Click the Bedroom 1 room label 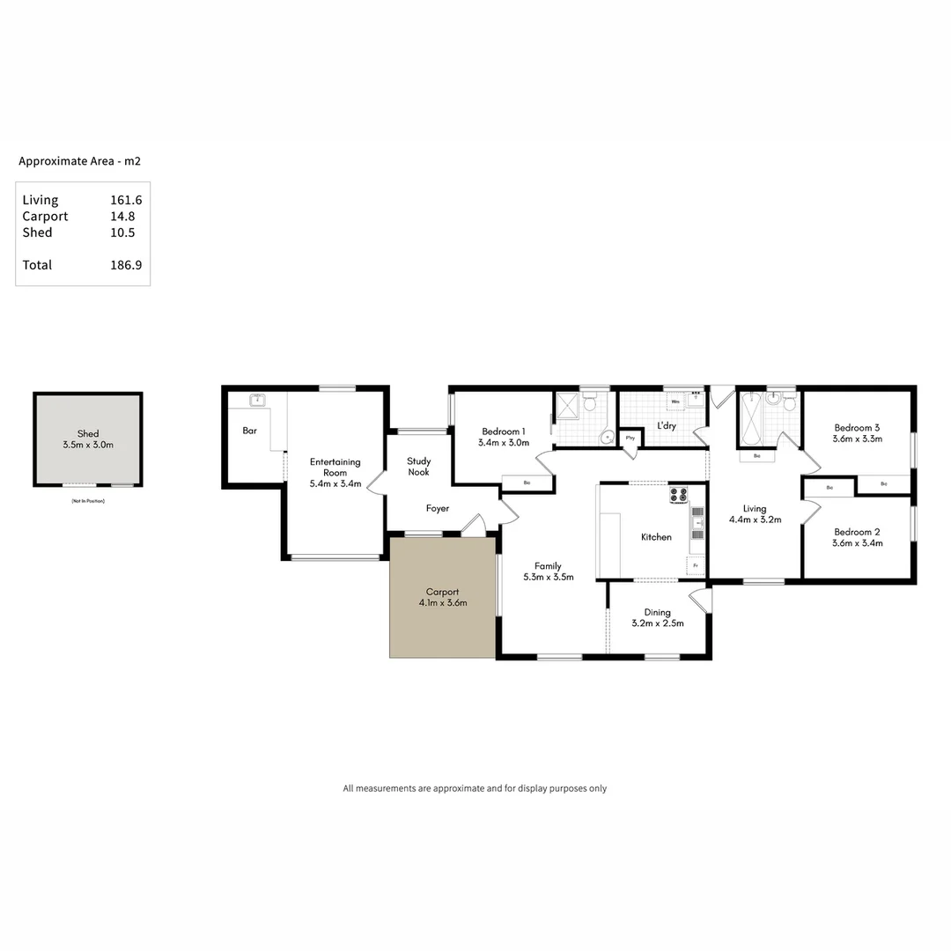503,431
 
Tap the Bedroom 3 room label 857,428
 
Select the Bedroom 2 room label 857,532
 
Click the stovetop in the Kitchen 678,495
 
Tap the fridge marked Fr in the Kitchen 695,564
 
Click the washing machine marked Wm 675,402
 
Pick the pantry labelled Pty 630,438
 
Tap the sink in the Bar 257,401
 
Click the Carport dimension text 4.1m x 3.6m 442,603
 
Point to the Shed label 88,433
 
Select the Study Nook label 418,466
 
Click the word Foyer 438,508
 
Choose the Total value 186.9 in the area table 126,265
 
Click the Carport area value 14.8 126,217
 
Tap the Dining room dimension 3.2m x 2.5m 657,623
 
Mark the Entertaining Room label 335,468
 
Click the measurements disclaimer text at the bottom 475,788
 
